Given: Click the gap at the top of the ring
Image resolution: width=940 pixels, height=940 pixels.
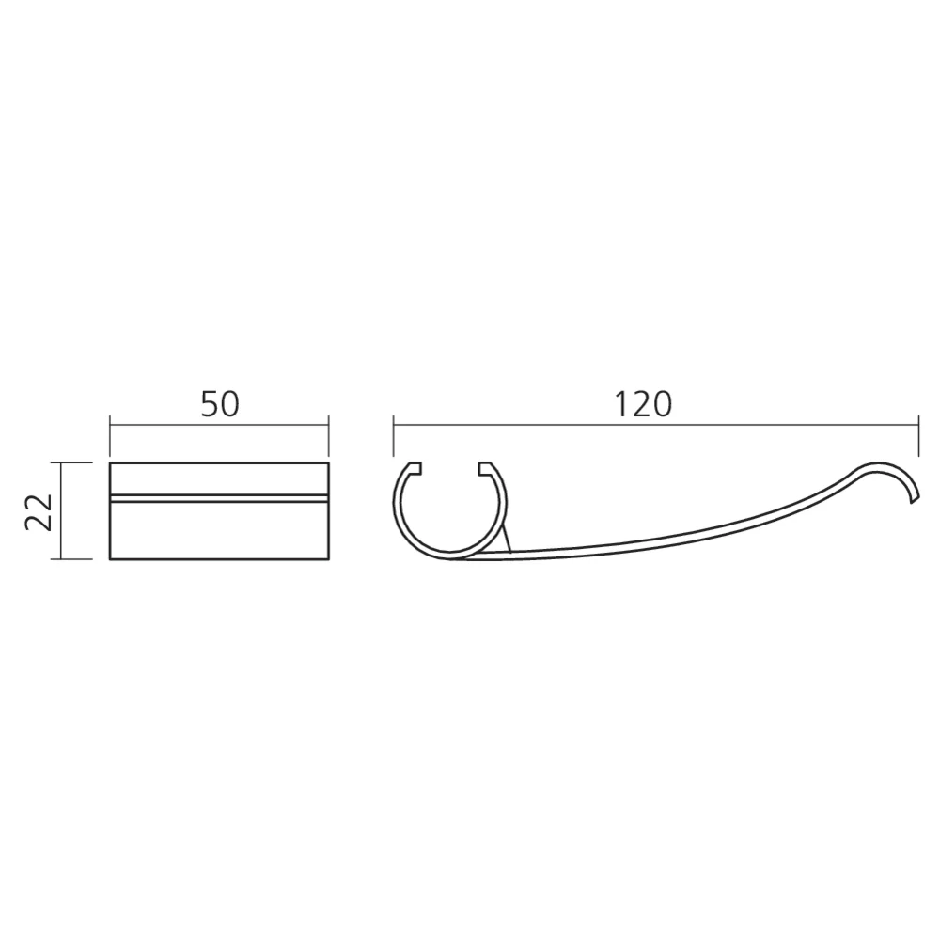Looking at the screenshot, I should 450,466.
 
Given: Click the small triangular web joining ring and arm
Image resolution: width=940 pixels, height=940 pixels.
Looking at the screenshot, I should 503,543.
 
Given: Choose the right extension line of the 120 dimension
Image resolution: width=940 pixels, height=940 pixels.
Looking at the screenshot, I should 918,442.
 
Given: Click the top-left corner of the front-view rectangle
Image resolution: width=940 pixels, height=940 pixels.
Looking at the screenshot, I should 111,463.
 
